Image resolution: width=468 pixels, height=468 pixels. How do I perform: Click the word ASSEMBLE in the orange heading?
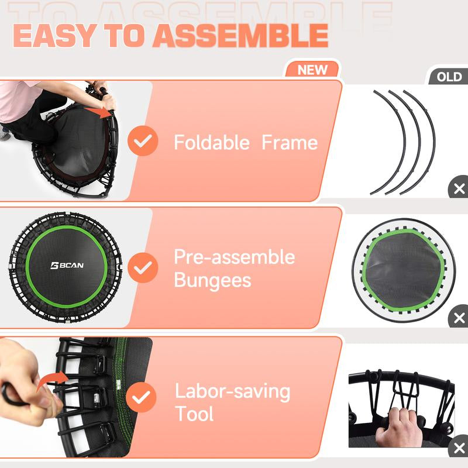click(240, 36)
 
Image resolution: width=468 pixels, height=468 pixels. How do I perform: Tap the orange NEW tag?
click(312, 70)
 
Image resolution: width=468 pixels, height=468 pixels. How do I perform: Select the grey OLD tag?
click(449, 77)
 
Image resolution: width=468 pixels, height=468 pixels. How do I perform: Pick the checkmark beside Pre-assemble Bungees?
click(143, 268)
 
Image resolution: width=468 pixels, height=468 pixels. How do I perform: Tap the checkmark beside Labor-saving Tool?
click(143, 399)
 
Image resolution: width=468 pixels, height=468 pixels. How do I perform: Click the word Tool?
click(194, 414)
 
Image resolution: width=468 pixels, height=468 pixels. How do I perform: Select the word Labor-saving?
click(232, 391)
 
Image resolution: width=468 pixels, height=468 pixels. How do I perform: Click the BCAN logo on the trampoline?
click(67, 265)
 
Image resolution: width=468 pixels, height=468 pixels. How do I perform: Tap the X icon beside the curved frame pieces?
click(459, 189)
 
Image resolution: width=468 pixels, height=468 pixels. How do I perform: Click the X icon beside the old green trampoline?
click(459, 318)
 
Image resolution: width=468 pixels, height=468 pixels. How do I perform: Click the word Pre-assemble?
click(234, 257)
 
